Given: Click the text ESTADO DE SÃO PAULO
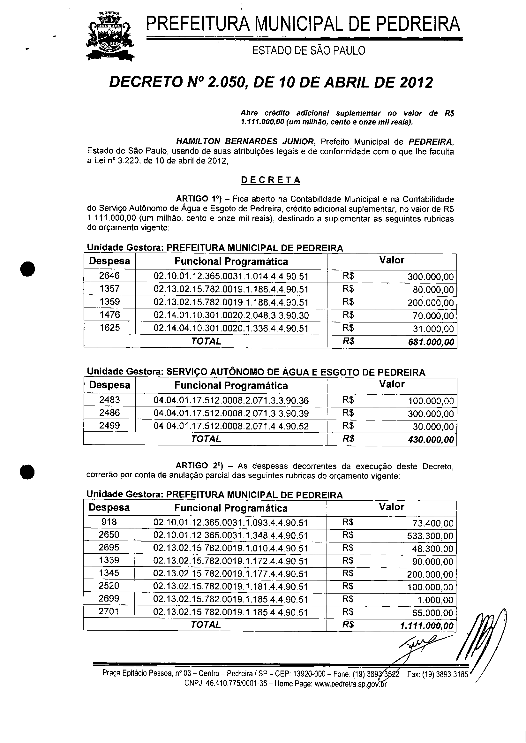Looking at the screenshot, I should pos(308,50).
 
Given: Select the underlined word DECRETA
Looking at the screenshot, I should pos(271,180).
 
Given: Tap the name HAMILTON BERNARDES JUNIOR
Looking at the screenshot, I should pos(245,141).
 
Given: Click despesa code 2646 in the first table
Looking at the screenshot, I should pos(109,276).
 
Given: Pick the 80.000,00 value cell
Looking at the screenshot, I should pos(431,290).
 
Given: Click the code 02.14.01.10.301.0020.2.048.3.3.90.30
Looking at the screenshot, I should pos(231,315).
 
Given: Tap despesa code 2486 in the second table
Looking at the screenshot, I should pos(109,413).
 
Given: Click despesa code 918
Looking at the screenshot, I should pos(109,522).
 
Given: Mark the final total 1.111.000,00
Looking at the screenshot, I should pos(426,625).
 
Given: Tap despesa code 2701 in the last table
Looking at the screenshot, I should pos(109,612).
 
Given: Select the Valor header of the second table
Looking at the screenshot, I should pos(392,384).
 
